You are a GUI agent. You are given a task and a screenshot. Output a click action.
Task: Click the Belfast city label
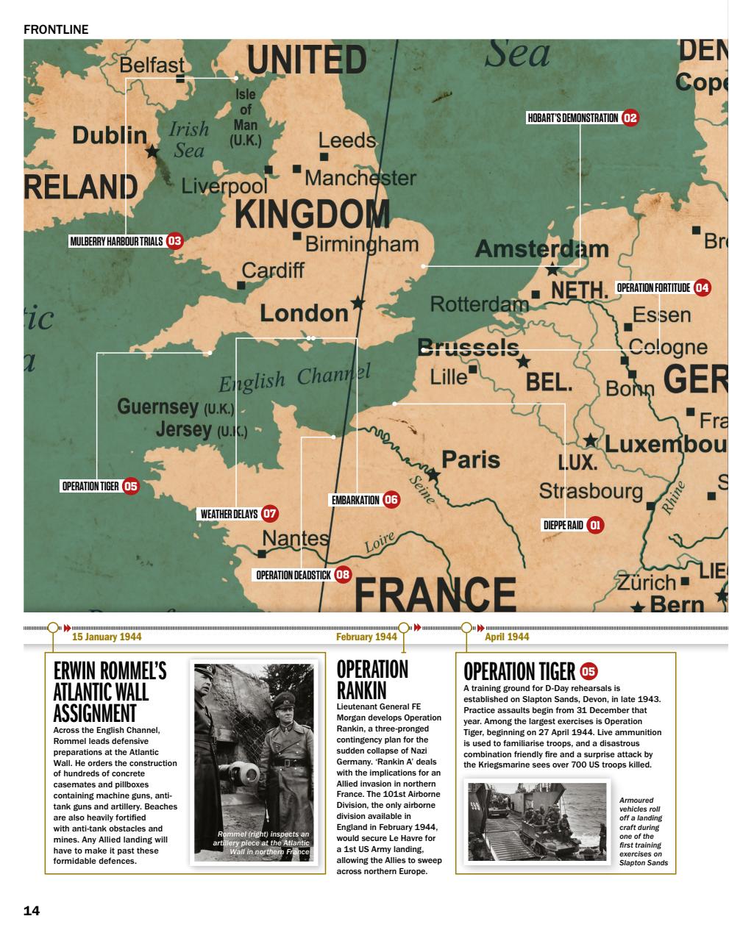coord(152,65)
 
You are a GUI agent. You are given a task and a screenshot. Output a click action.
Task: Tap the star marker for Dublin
coord(152,151)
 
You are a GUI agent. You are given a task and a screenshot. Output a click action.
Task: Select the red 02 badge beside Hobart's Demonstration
coord(630,118)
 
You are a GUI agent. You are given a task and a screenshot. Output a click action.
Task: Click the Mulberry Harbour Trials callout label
coord(117,240)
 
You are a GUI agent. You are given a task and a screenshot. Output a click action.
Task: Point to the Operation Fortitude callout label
coord(653,287)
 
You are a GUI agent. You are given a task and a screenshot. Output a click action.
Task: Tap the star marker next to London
coord(358,303)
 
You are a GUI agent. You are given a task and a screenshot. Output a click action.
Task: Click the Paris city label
coord(471,459)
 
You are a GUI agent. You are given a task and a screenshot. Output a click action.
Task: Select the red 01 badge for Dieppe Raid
coord(595,525)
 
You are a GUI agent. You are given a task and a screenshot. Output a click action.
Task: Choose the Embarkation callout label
coord(355,500)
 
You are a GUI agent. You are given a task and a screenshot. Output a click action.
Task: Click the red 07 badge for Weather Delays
coord(270,514)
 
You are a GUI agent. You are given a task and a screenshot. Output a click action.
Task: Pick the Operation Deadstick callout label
coord(294,575)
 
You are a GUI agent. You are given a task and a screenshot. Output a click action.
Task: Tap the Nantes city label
coord(296,538)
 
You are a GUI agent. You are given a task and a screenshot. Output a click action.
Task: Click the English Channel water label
coord(294,379)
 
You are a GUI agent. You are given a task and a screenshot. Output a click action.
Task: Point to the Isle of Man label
coord(245,118)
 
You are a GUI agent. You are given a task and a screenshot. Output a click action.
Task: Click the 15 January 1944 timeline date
coord(107,637)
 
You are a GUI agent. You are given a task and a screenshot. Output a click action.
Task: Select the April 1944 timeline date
coord(507,637)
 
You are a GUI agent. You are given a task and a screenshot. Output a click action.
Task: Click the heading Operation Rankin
coord(372,679)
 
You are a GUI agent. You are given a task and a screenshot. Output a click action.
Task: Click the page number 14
coord(32,911)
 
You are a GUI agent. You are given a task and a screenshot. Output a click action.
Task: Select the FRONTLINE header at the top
coord(56,29)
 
